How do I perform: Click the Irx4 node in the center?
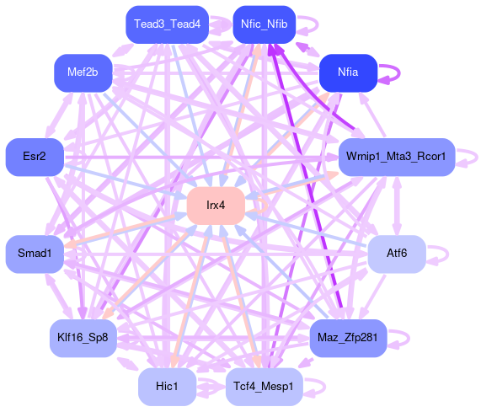point(216,206)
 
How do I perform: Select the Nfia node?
point(348,72)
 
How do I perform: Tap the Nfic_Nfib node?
point(265,24)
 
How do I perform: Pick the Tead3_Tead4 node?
point(167,24)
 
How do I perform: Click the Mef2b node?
point(83,72)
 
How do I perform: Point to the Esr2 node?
point(35,157)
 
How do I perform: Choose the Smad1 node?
point(35,254)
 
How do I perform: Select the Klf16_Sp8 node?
point(83,338)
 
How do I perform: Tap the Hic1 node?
point(167,387)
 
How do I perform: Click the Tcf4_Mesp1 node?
point(265,387)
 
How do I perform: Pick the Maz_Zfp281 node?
point(348,338)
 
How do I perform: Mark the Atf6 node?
point(397,254)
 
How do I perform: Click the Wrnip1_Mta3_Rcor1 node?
point(397,157)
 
